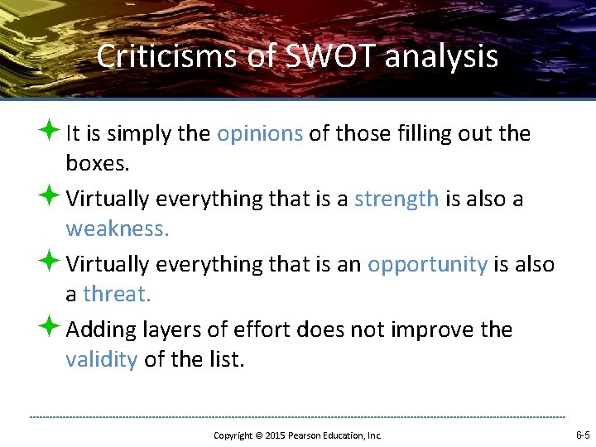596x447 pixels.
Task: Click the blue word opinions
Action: [x=260, y=134]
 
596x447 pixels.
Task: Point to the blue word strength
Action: [x=397, y=199]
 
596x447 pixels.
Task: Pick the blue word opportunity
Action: [x=427, y=265]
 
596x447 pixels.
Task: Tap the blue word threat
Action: [x=117, y=295]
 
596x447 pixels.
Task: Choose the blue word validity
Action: [x=101, y=360]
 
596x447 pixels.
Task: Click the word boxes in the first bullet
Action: [x=98, y=164]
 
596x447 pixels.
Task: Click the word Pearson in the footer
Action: [x=305, y=435]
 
